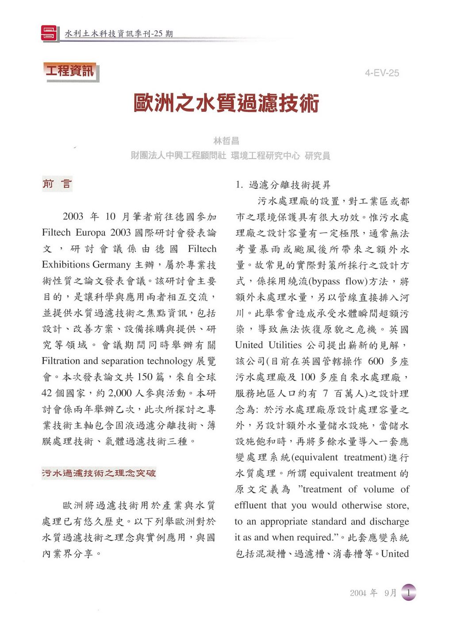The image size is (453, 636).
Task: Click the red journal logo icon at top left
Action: [49, 33]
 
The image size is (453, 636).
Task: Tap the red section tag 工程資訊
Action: [70, 71]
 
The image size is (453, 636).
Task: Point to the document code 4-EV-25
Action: [382, 73]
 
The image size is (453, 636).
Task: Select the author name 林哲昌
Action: [226, 141]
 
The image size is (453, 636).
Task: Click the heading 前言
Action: [57, 184]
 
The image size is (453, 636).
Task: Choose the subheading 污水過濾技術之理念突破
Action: [99, 473]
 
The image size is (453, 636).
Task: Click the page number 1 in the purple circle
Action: [409, 592]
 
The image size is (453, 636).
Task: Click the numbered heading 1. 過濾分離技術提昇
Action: [283, 185]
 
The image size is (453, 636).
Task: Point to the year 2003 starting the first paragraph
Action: [73, 217]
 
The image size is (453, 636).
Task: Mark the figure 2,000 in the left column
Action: [119, 393]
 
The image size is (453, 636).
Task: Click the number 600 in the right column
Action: [375, 361]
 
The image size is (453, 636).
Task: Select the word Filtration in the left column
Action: [61, 361]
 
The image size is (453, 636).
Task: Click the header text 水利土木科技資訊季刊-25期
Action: [119, 34]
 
